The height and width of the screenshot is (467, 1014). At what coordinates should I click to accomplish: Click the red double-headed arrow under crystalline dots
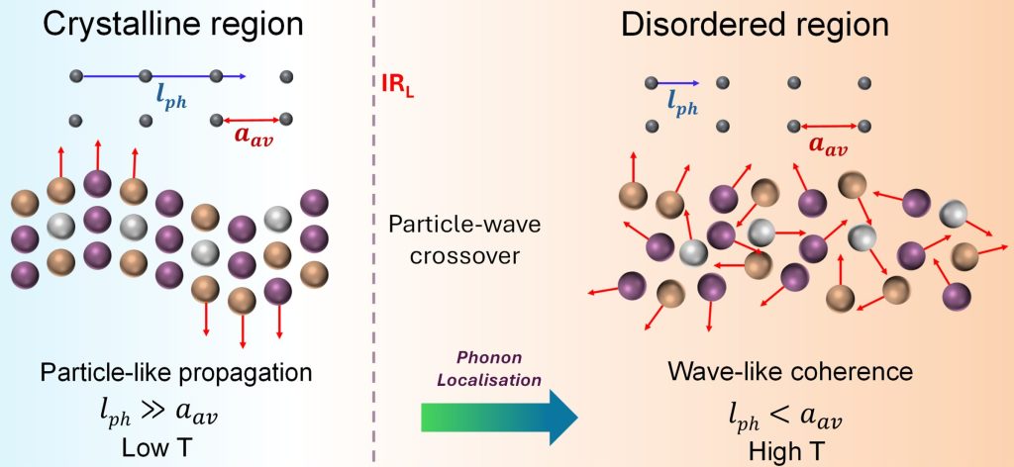[x=252, y=121]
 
